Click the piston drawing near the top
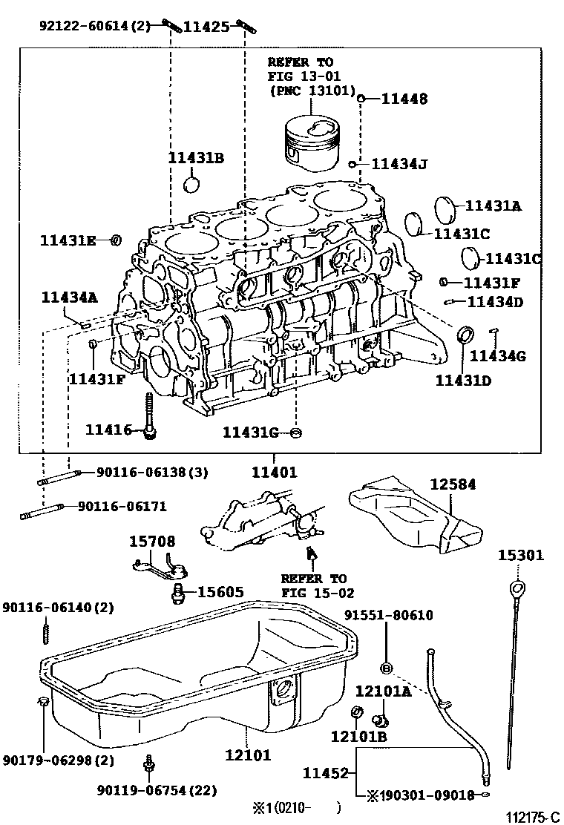[x=312, y=142]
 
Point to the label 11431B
[x=195, y=158]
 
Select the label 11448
[x=404, y=99]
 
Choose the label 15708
[x=153, y=542]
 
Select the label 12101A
[x=383, y=691]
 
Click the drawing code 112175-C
[x=532, y=817]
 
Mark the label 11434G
[x=498, y=356]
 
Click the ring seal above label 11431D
[x=467, y=333]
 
